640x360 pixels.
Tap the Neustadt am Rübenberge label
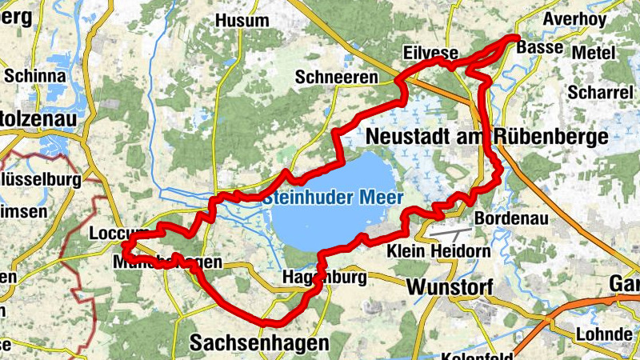[486, 137]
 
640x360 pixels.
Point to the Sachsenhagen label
[258, 343]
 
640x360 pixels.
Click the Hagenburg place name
[324, 278]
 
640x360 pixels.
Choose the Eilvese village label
[430, 53]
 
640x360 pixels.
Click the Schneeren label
[335, 77]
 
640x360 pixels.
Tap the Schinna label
[34, 75]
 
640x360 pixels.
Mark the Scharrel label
[599, 92]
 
